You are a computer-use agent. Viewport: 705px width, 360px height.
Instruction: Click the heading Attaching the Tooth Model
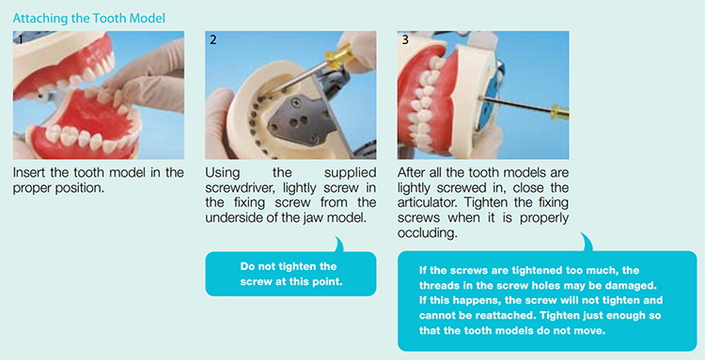89,19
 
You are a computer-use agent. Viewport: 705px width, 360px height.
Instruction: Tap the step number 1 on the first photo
20,39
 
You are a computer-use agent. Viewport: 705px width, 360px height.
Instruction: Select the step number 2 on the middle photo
213,39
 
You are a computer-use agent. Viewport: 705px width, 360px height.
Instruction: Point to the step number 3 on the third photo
405,39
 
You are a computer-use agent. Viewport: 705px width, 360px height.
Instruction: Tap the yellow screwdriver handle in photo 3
560,111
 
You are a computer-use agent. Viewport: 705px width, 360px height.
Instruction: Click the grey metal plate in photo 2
299,117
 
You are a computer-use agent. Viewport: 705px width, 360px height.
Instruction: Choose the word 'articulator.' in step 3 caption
425,203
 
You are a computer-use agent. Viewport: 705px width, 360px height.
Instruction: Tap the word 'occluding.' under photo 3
427,234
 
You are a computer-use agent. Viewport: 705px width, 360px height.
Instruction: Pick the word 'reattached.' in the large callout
510,315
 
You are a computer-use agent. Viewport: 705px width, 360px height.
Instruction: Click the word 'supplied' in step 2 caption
351,174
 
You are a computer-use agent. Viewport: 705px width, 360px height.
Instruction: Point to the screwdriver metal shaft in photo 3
515,103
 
